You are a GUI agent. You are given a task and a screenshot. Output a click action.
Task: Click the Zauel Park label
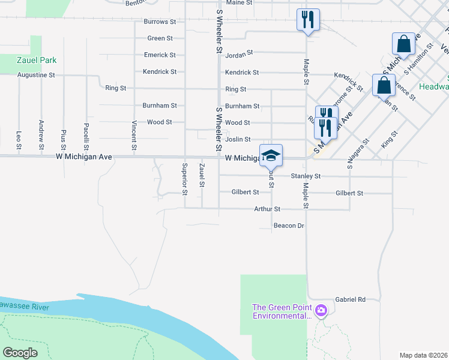coord(37,61)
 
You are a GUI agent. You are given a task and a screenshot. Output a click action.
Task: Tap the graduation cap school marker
coord(271,155)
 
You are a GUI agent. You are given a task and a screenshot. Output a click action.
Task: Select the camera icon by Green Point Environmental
coord(322,310)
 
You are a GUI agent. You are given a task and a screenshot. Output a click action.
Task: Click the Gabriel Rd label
coord(351,299)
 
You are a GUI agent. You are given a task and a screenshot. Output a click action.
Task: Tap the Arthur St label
coord(267,209)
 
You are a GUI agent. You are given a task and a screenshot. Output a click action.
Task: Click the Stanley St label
coord(306,176)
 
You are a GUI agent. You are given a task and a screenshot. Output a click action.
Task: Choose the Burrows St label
coord(160,22)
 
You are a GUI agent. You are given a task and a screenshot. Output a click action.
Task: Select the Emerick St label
coord(160,55)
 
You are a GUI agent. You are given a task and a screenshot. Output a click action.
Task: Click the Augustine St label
coord(36,75)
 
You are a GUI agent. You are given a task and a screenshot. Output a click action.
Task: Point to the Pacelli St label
coord(87,137)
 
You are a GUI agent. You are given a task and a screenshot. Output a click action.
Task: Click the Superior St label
coord(185,174)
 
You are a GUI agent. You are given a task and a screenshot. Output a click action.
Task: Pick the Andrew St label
coord(41,139)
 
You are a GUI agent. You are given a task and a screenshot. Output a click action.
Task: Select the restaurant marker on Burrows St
coord(307,19)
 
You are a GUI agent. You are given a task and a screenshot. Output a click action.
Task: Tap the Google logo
coord(20,352)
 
